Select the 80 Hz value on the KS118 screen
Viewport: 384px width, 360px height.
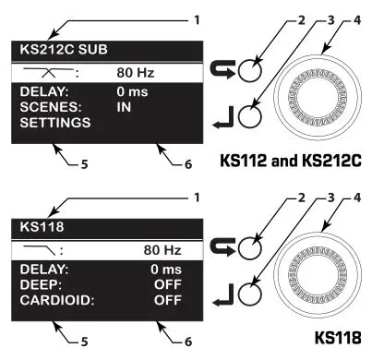click(x=160, y=248)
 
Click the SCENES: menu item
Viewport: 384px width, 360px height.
click(x=47, y=106)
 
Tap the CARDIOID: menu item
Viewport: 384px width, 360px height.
click(x=53, y=300)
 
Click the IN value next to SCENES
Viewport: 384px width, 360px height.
click(x=125, y=106)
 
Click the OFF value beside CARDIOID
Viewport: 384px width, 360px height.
click(x=166, y=300)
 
